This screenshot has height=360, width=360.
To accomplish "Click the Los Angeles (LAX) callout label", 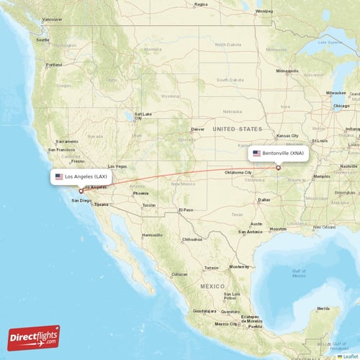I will [x=81, y=176].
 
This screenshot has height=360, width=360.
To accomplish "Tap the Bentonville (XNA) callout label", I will [x=279, y=153].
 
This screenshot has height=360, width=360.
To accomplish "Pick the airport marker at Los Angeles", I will [x=81, y=191].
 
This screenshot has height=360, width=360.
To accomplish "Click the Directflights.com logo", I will [x=34, y=337].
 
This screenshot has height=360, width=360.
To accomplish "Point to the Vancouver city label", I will [x=52, y=19].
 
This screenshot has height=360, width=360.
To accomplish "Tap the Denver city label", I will [x=198, y=130].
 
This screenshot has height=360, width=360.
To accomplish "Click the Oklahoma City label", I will [x=238, y=173].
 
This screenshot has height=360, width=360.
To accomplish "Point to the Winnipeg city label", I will [x=264, y=12].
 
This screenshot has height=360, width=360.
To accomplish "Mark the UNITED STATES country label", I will [x=233, y=128].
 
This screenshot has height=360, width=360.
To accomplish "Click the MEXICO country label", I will [x=212, y=286].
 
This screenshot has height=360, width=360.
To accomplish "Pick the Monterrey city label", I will [x=239, y=266].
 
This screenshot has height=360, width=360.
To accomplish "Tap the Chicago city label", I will [x=341, y=106].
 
